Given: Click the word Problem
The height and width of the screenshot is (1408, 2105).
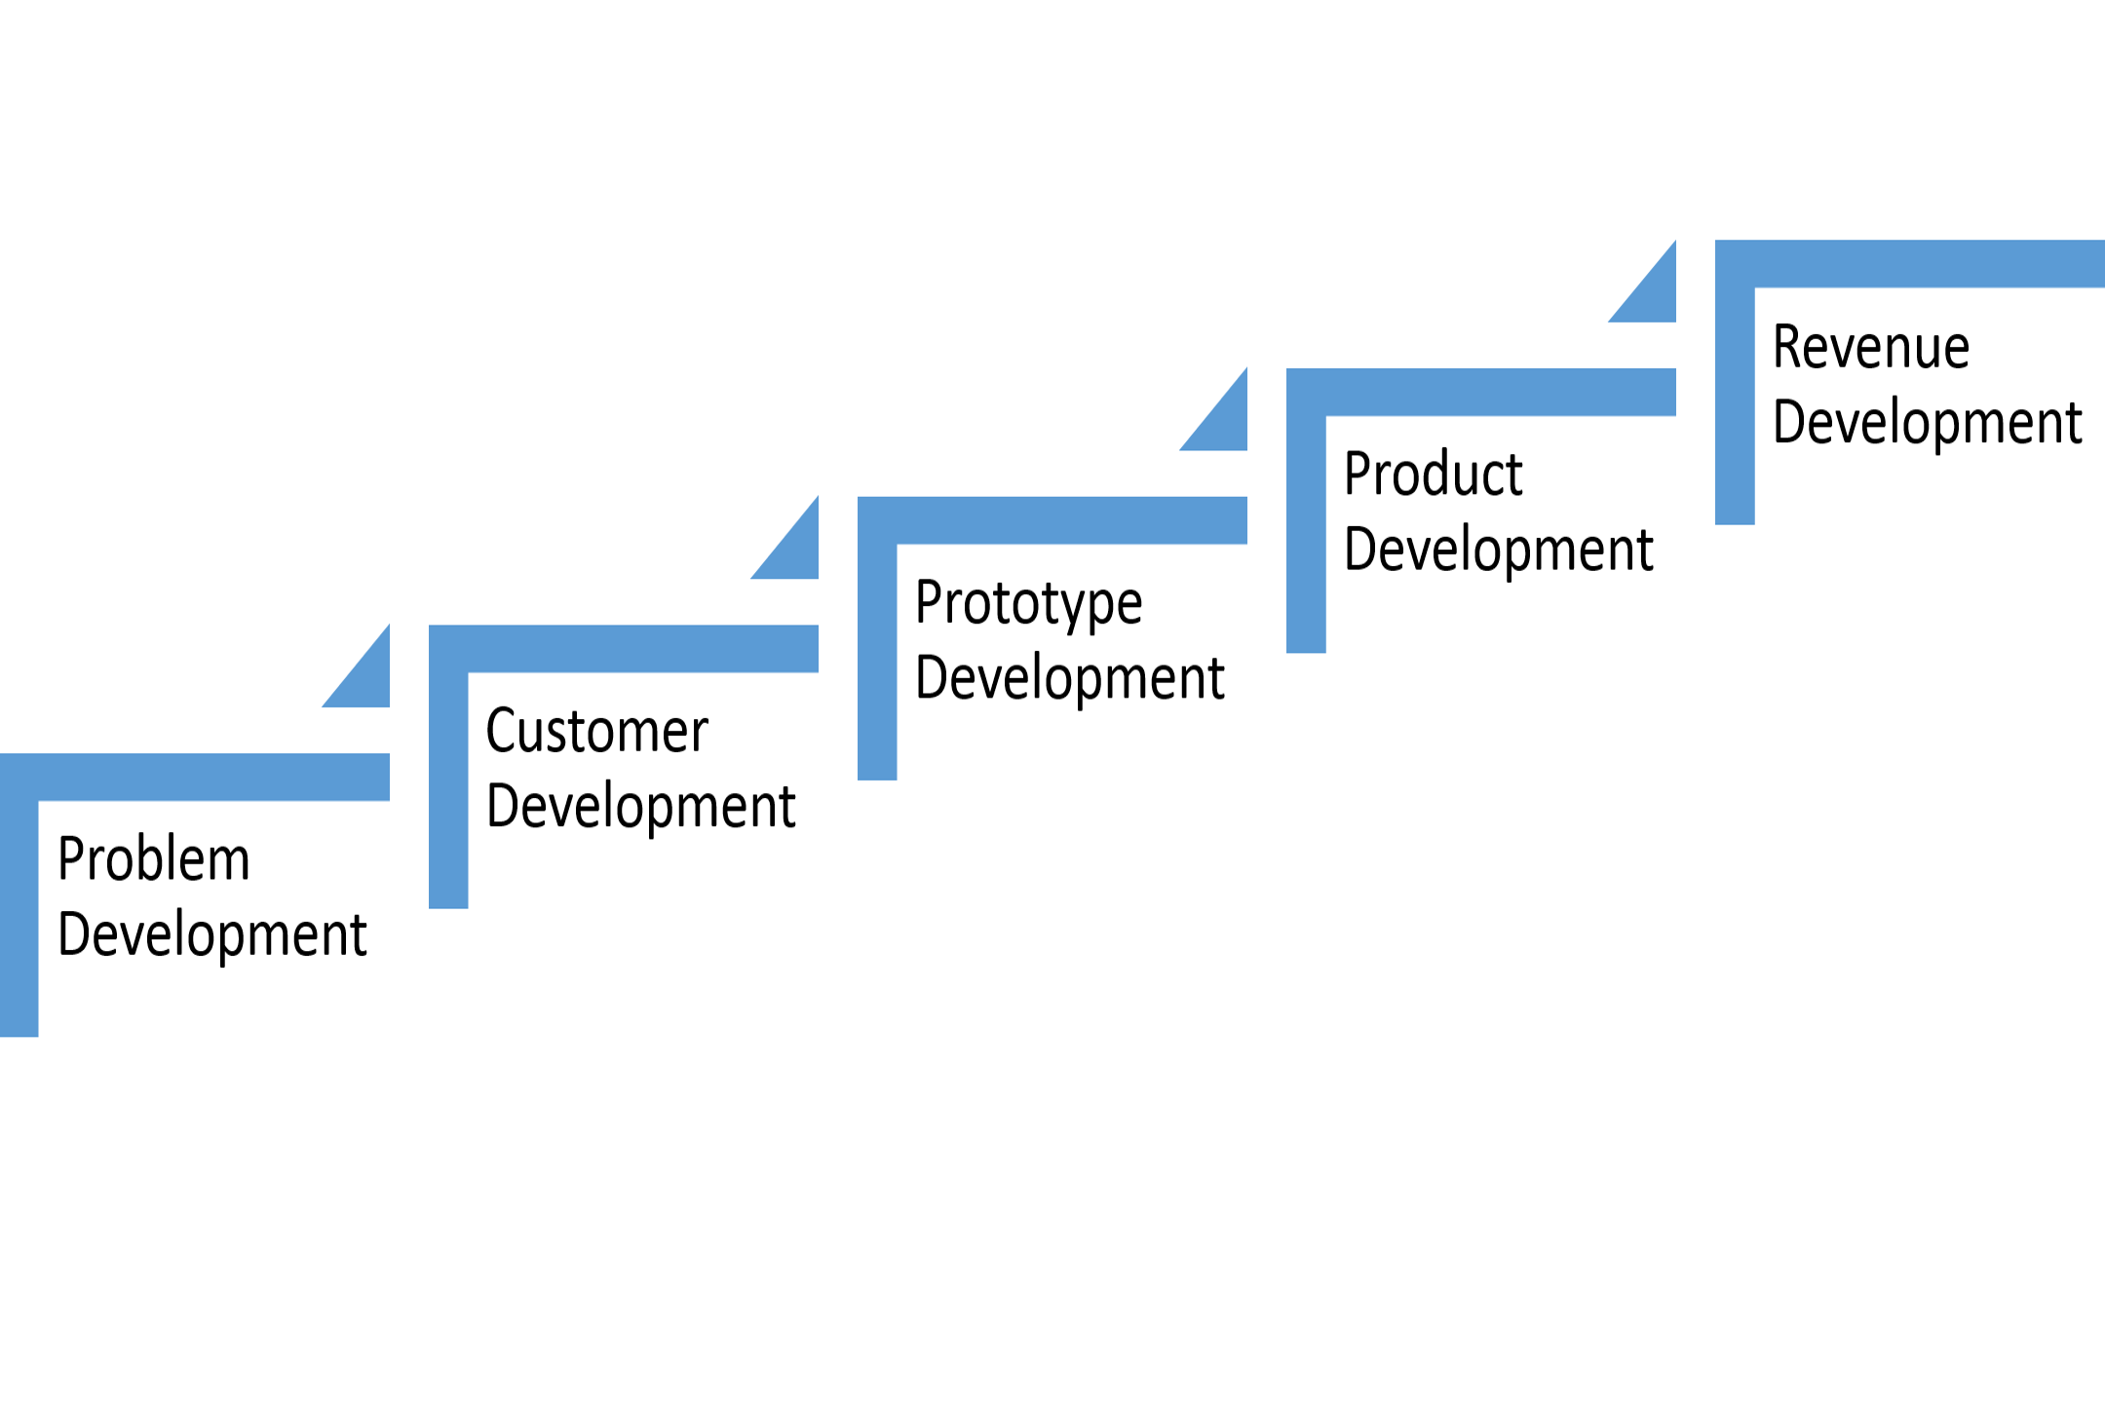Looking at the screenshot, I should pos(154,859).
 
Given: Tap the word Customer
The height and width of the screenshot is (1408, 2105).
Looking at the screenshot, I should pos(596,731).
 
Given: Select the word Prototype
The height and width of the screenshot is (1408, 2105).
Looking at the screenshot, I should pos(1028,604).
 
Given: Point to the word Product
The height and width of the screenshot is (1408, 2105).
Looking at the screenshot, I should pos(1433,475).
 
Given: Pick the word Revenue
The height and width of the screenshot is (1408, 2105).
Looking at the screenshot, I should pos(1870,347).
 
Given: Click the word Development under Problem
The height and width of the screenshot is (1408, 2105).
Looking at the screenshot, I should pos(211,935).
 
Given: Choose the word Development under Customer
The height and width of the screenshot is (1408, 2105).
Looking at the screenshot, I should pos(640,807).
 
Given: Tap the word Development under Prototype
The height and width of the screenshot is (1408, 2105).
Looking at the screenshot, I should pos(1069,679).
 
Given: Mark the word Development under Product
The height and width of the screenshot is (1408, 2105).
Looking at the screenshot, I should pos(1498,551).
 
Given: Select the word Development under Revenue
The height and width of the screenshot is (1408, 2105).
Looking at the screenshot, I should pos(1927,423).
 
